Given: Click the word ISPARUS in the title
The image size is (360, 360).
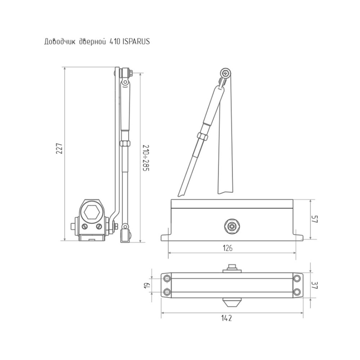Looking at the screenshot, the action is (136, 41).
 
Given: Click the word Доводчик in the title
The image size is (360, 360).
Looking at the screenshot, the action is (60, 42).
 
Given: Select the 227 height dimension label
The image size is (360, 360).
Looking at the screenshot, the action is (59, 149).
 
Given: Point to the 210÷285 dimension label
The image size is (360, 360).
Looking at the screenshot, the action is (146, 158).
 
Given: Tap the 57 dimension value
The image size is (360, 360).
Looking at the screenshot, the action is (314, 219).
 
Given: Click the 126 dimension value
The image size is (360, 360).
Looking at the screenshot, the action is (228, 248).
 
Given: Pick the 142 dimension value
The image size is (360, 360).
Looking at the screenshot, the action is (226, 318).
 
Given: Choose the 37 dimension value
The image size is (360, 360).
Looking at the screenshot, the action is (315, 285).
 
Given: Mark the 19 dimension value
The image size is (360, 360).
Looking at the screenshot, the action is (147, 285).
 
